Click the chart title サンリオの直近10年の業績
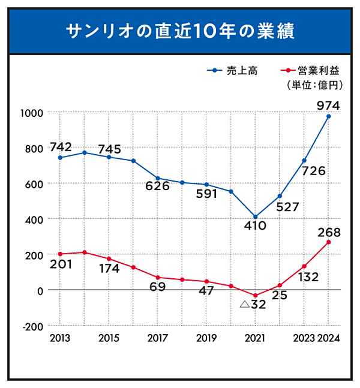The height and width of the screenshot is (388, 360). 180,31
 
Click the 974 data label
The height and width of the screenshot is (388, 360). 328,106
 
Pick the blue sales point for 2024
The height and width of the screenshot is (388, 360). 329,116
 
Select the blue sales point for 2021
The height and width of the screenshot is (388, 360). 255,217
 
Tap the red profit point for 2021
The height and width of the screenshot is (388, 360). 255,296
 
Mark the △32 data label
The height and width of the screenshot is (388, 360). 252,305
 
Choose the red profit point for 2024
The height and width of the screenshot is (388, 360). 329,242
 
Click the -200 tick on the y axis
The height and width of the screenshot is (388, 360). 32,326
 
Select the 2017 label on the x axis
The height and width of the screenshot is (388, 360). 157,338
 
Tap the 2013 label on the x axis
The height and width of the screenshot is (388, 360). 60,338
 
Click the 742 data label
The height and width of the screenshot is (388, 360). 61,147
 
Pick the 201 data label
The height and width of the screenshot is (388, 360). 61,264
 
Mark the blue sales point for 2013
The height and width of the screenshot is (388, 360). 60,158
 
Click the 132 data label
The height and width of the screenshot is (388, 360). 308,277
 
